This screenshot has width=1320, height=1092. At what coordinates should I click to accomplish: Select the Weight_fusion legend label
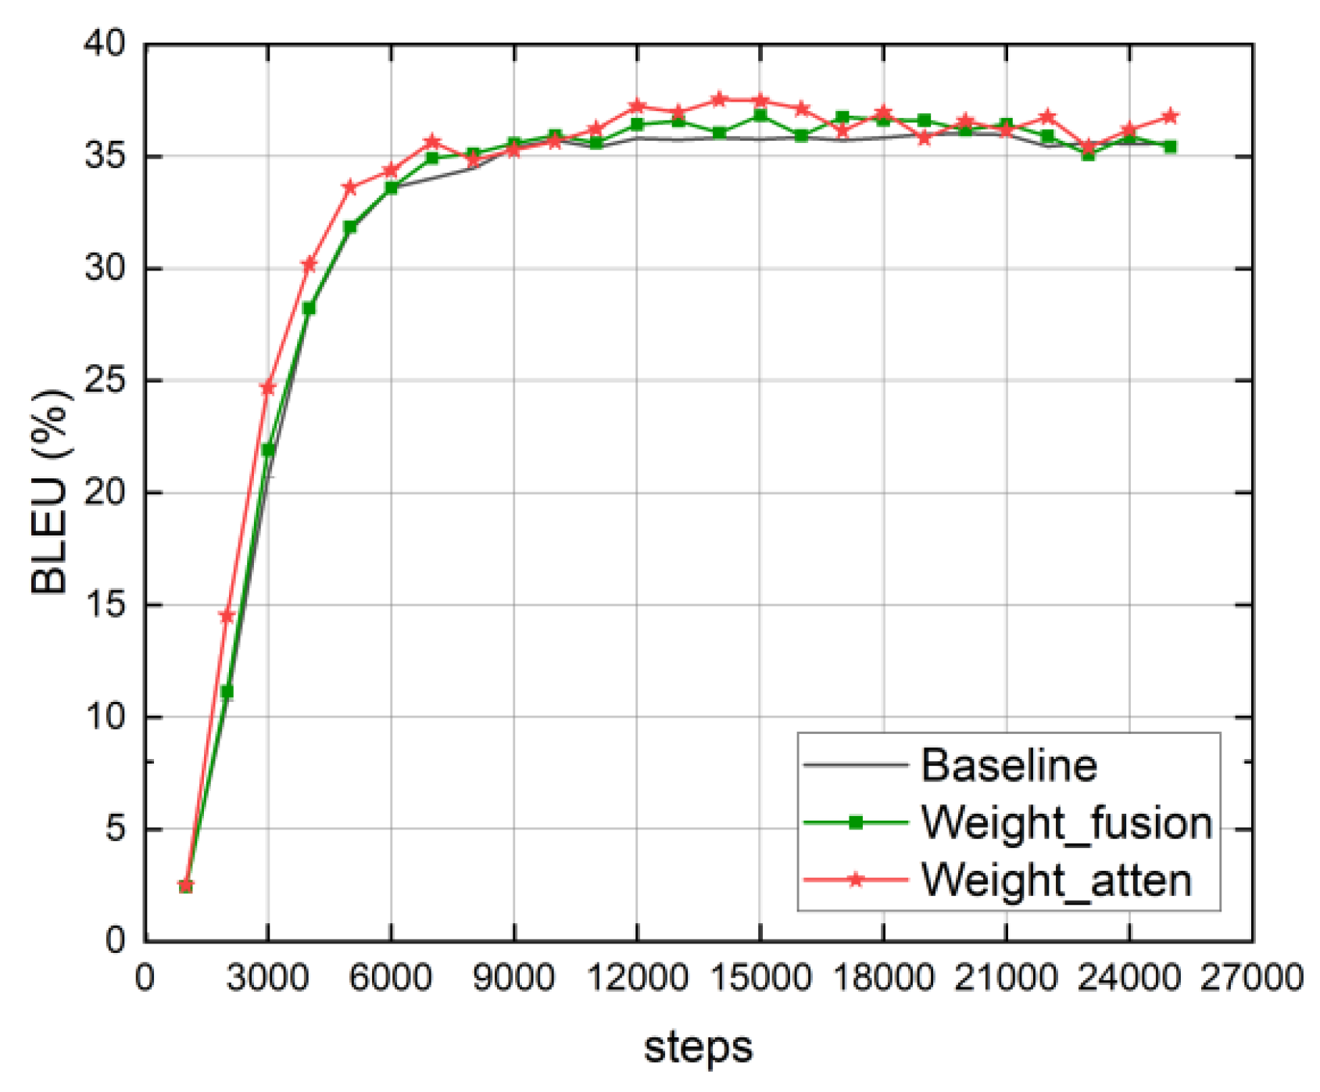(x=1066, y=822)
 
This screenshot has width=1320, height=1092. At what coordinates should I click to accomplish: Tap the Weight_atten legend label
(x=1056, y=880)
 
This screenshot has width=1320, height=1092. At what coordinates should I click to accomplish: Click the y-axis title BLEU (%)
(x=51, y=492)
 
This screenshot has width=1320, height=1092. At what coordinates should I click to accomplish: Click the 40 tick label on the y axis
(x=105, y=44)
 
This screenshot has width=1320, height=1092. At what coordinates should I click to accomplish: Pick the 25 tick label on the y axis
(x=105, y=381)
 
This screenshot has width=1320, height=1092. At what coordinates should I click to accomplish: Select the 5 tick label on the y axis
(x=115, y=829)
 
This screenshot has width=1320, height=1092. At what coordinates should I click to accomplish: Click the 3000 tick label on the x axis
(x=267, y=978)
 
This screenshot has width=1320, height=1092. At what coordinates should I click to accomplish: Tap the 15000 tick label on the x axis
(x=760, y=978)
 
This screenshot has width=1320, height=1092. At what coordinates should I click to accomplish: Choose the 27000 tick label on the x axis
(x=1251, y=978)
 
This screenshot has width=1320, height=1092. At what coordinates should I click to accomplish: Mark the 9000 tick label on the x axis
(x=513, y=978)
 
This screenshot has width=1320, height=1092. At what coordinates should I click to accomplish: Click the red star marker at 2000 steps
(x=227, y=616)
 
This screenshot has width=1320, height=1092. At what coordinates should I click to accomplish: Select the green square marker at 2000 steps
(x=227, y=692)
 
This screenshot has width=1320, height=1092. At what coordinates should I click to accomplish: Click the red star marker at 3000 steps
(x=268, y=388)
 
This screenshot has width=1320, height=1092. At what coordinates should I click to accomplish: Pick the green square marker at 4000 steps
(x=309, y=308)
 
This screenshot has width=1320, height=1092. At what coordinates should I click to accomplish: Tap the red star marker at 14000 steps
(x=719, y=99)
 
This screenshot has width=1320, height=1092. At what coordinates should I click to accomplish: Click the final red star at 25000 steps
(x=1170, y=116)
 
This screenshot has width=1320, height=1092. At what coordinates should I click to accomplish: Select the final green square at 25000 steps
(x=1170, y=146)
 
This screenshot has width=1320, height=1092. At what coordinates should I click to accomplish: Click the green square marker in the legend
(x=856, y=822)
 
